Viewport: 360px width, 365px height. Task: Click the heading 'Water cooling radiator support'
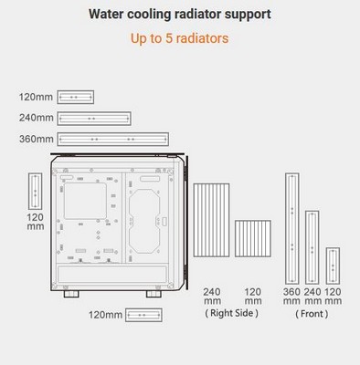[x=180, y=15]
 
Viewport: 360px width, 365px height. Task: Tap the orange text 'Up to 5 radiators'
[x=180, y=38]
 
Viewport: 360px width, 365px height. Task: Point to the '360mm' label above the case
[x=37, y=140]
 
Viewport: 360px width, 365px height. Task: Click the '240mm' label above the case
[x=37, y=118]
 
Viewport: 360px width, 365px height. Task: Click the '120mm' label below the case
[x=105, y=315]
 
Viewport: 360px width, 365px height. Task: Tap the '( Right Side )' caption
[x=231, y=313]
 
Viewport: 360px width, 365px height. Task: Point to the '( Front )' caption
[x=312, y=314]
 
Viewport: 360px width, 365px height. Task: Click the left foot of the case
[x=71, y=294]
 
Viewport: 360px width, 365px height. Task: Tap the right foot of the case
[x=154, y=294]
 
